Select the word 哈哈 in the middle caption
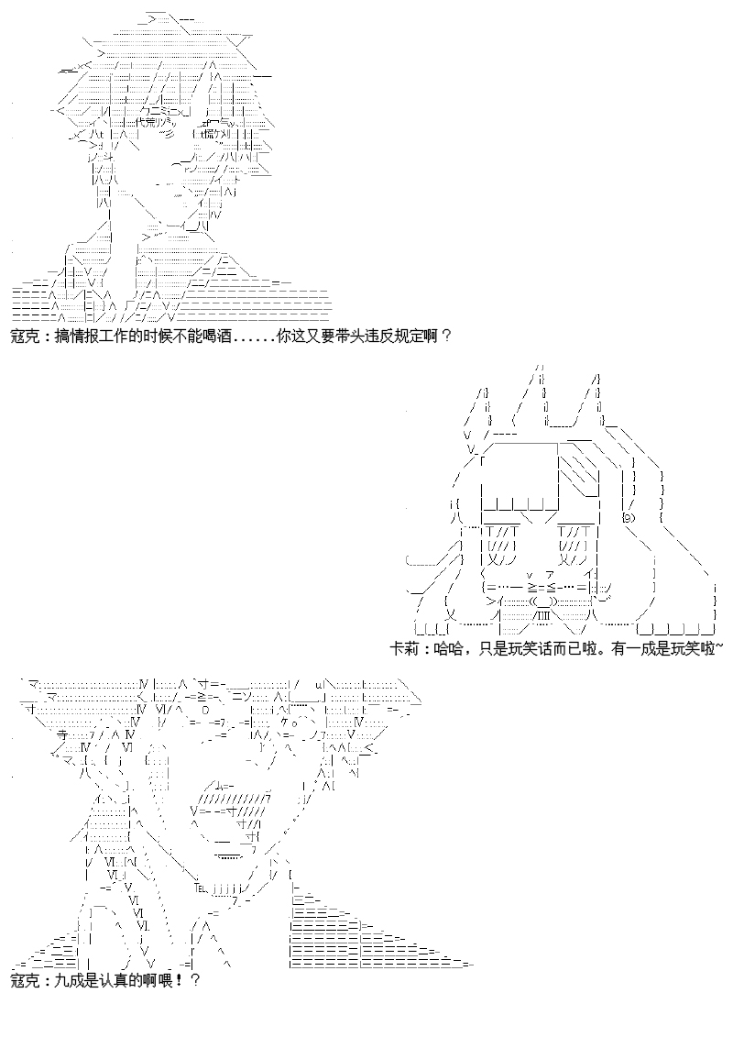click(x=442, y=648)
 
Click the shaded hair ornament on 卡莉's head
click(x=577, y=463)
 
